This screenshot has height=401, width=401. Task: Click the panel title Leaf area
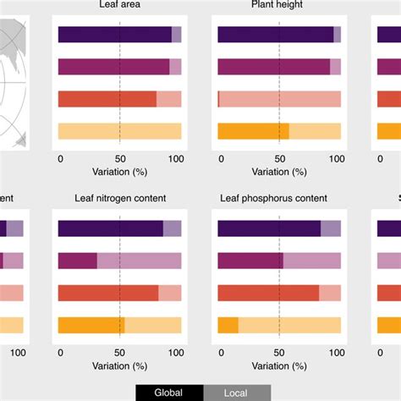[118, 5]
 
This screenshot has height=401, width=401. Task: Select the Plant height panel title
[278, 5]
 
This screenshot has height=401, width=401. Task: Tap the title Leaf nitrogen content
[120, 198]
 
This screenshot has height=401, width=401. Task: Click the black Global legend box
[169, 393]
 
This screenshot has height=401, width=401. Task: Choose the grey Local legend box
[237, 393]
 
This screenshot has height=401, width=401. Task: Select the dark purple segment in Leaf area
[114, 35]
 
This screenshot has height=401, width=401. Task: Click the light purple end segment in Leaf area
[176, 35]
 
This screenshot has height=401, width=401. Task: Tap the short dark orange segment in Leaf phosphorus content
[228, 325]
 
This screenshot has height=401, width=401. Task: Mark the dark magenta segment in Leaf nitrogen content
[77, 261]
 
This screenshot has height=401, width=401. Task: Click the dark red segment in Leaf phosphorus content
[268, 293]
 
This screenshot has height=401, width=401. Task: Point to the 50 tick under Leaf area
[119, 158]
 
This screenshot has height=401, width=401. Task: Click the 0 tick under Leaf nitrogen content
[59, 351]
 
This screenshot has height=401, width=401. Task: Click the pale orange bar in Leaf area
[119, 131]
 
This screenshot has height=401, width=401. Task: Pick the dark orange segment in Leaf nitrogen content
[91, 325]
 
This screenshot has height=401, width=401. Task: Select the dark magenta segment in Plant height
[273, 67]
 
